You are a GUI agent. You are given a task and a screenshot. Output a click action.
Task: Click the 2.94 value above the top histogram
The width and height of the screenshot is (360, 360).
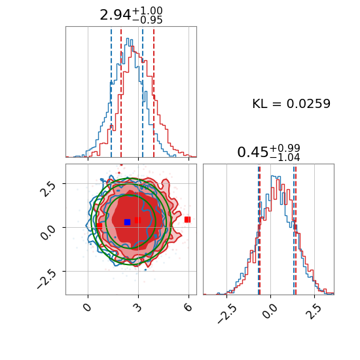115,16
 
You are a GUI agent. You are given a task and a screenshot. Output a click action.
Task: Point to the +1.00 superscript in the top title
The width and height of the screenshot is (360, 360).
148,10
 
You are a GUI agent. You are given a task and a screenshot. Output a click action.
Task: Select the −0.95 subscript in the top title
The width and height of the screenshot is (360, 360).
148,20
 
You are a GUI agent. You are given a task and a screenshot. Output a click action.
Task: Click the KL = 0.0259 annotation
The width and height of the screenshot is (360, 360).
291,103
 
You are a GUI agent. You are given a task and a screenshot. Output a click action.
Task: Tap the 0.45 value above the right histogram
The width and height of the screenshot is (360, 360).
253,153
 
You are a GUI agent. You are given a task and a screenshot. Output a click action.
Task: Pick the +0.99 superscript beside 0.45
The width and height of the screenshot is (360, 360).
285,148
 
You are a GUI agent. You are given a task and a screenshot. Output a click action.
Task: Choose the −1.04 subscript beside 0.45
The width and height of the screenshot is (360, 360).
285,158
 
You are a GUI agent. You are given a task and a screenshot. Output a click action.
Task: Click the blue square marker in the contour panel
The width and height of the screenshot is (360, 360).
127,222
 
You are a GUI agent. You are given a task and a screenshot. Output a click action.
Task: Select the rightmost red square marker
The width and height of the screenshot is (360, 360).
188,220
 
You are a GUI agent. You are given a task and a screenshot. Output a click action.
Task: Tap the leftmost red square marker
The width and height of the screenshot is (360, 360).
99,226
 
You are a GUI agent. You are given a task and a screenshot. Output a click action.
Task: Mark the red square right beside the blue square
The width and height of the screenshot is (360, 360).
137,221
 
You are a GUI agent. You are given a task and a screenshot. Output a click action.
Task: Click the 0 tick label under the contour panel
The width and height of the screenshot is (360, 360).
88,307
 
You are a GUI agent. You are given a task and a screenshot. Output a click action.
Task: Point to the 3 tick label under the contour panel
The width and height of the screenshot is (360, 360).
137,307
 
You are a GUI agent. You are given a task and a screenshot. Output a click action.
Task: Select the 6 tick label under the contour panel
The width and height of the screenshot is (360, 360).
189,307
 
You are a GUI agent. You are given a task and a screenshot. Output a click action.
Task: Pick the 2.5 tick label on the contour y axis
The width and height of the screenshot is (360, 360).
48,189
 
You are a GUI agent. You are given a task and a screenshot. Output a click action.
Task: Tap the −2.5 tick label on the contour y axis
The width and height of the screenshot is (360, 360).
46,279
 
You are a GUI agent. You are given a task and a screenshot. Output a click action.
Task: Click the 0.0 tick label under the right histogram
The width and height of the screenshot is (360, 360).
269,310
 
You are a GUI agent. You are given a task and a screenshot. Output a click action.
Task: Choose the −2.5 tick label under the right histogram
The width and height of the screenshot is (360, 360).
227,313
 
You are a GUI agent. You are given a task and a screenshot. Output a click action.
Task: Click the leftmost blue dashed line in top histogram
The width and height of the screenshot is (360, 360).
111,92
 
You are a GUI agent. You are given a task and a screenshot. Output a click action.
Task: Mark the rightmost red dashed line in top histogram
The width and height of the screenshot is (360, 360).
154,92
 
